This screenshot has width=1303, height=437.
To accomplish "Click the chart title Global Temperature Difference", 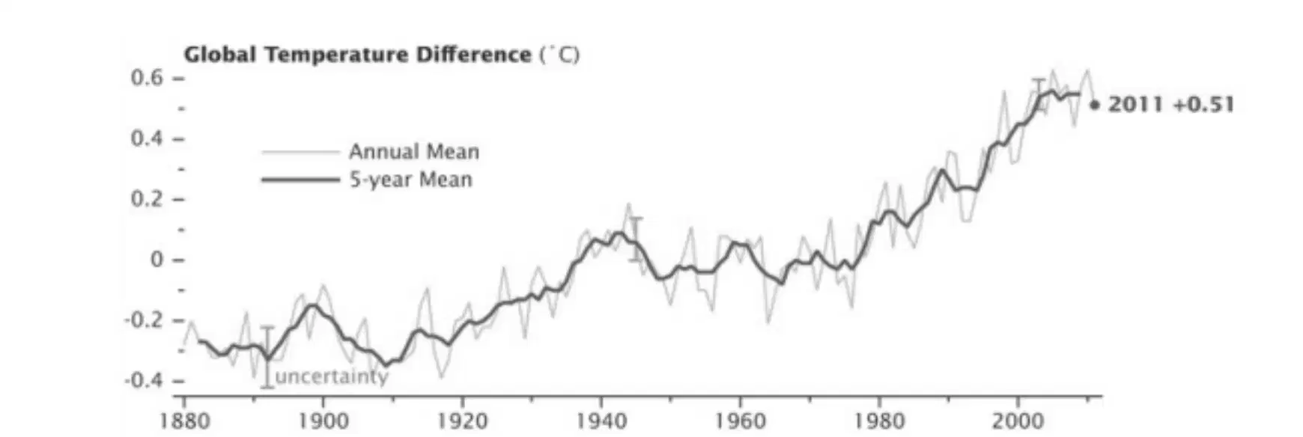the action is pos(358,55).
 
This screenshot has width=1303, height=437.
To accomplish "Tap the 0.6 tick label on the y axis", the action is pos(147,78).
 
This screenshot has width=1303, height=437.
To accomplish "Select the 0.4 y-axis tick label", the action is pos(147,138).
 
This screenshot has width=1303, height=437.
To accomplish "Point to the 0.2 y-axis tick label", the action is pos(147,199).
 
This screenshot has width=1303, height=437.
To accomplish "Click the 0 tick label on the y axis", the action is pos(157,260).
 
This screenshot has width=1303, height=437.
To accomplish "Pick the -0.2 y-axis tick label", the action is pos(144,320).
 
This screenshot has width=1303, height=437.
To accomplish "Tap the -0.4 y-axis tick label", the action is pos(144,381).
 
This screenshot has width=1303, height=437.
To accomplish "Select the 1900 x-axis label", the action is pos(324,421).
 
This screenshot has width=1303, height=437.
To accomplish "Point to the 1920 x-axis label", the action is pos(463,421).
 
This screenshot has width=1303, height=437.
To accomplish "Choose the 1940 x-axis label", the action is pos(602,421).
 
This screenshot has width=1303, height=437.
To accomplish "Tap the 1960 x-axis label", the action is pos(741,421).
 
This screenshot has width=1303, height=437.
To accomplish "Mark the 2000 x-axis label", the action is pos(1018,421).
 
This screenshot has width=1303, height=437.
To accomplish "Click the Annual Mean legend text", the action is pos(414,152).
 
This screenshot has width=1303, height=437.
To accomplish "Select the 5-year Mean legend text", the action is pos(411,180).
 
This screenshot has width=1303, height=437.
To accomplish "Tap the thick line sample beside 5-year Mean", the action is pos(300,180).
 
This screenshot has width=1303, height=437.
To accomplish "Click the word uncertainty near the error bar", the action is pos(332,376).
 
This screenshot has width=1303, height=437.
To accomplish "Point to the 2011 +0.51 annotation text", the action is pos(1171,104).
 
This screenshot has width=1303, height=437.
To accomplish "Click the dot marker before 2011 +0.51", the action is pos(1095,106).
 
